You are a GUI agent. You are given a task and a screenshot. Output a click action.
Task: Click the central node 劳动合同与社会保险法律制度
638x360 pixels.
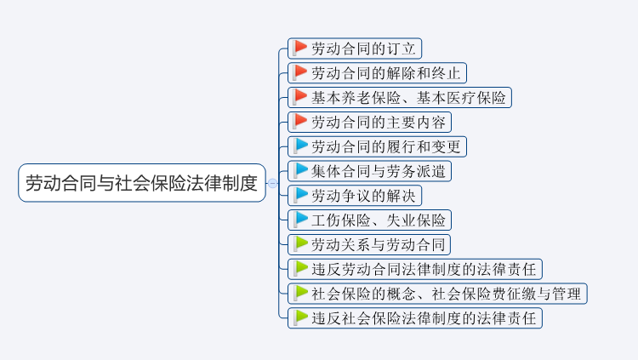pos(141,183)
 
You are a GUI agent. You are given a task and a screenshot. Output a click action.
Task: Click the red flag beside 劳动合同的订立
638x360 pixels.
pos(300,48)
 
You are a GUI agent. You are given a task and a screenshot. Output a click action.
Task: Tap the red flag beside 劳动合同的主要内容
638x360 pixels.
pos(300,121)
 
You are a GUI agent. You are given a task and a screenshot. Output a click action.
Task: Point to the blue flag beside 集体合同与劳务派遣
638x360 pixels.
pos(300,170)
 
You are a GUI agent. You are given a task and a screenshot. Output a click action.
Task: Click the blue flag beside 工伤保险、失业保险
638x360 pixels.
pos(300,220)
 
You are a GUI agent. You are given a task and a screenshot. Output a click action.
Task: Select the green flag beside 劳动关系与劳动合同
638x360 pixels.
pos(300,244)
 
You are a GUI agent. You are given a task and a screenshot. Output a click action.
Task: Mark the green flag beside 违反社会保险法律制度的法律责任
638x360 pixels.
pos(300,317)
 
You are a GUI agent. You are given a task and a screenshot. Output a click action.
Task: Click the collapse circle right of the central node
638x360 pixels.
pos(272,183)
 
